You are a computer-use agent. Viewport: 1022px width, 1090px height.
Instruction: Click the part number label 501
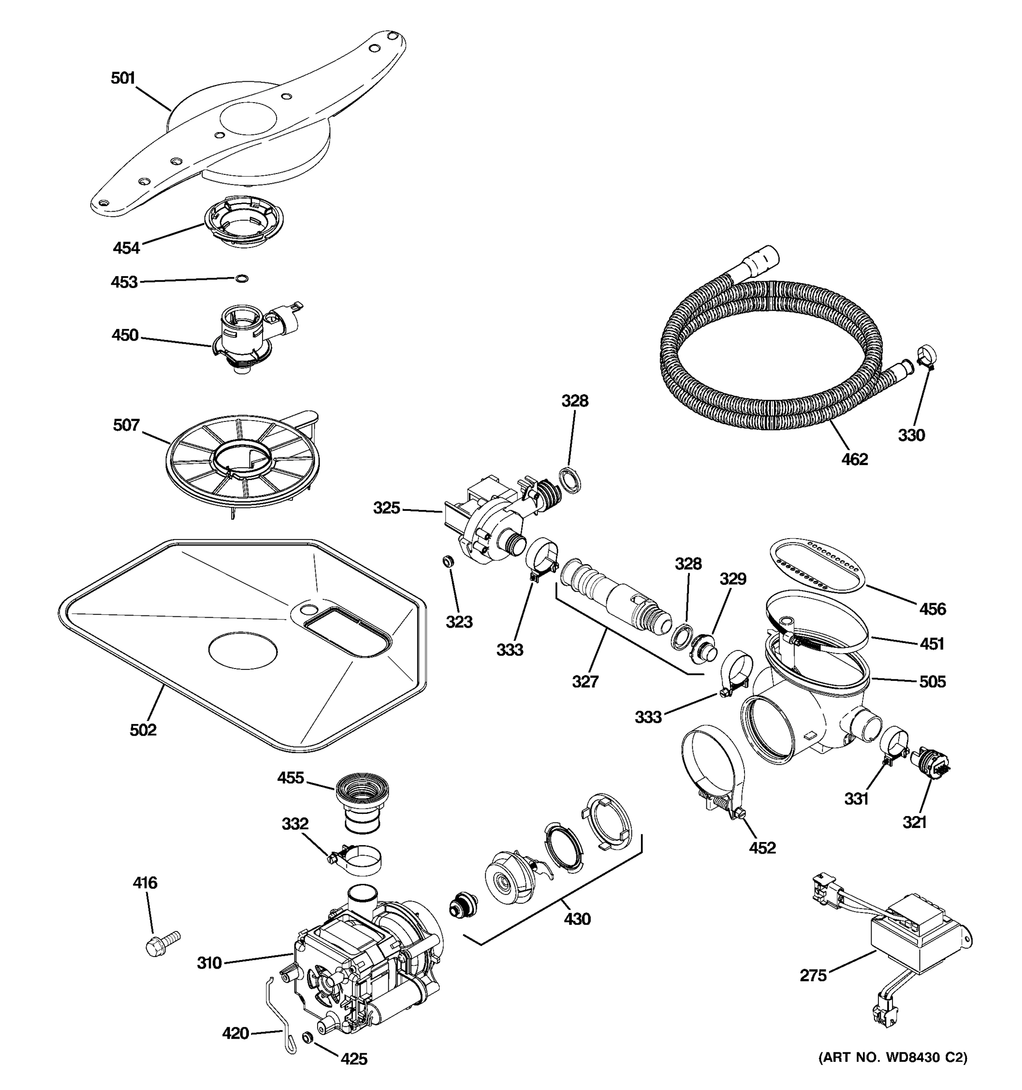[123, 79]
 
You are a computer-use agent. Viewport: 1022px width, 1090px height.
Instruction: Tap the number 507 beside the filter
[126, 425]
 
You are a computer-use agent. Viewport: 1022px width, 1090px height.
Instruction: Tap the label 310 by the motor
[209, 963]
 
